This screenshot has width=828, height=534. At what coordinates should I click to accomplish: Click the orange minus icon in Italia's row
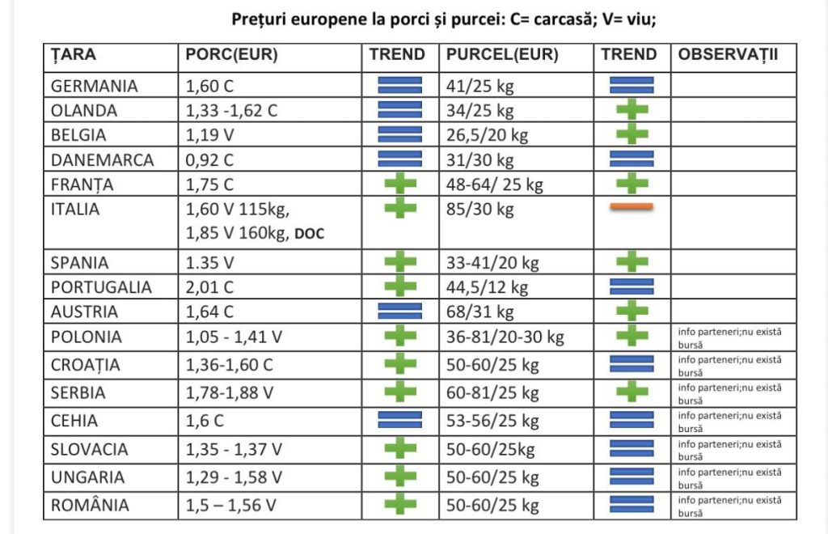click(632, 207)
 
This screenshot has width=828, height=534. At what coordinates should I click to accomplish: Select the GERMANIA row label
click(94, 86)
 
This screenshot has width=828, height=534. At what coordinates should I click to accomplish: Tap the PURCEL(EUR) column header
click(502, 54)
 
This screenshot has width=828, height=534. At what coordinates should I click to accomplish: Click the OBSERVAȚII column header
click(729, 54)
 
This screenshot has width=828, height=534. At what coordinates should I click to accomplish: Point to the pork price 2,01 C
click(209, 286)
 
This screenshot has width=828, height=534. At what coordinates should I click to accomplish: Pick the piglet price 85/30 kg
click(480, 210)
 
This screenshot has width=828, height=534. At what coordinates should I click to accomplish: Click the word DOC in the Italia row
click(309, 234)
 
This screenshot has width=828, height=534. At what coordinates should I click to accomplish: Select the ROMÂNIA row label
click(90, 504)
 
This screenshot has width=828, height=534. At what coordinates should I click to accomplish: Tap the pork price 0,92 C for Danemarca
click(209, 159)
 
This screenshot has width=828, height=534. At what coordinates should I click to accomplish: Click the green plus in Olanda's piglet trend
click(632, 109)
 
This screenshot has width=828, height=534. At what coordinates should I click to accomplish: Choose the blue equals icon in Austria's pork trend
click(399, 311)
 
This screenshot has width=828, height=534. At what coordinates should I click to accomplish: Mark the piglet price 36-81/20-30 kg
click(505, 337)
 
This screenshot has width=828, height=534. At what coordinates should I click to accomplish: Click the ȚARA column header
click(74, 54)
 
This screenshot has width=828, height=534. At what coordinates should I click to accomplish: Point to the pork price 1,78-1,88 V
click(229, 393)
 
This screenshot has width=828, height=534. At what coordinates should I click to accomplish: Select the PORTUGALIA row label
click(101, 286)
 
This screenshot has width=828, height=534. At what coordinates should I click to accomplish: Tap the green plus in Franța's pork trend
click(400, 184)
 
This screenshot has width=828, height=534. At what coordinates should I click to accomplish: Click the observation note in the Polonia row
click(730, 338)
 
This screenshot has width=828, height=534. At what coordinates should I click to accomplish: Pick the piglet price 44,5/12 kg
click(487, 287)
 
